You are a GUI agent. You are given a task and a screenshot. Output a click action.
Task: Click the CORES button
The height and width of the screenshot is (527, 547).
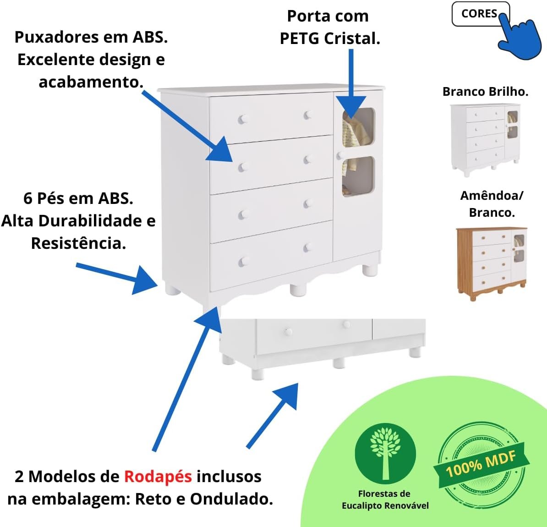(481, 14)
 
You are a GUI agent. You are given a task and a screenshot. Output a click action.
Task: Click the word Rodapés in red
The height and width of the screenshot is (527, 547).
(158, 477)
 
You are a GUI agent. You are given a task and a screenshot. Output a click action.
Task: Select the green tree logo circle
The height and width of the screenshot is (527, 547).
(385, 454)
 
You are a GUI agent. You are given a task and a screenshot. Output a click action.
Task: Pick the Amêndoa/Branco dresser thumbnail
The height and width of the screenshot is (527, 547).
(492, 263)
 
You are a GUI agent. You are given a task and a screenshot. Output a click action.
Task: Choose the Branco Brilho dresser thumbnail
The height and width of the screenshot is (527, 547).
(485, 140)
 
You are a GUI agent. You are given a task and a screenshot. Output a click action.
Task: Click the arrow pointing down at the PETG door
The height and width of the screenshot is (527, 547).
(351, 84)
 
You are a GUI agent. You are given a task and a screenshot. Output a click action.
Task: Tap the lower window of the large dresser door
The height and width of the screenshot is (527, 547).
(359, 176)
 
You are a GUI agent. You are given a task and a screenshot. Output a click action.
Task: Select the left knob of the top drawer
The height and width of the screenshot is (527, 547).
(243, 119)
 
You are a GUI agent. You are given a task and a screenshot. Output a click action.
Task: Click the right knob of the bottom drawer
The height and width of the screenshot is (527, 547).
(308, 248)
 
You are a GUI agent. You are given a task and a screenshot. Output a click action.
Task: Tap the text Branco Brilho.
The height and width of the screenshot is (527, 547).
(485, 92)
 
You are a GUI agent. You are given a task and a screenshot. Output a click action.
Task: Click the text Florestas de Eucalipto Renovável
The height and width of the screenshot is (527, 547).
(385, 500)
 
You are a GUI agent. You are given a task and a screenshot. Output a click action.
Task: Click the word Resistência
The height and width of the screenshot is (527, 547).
(78, 243)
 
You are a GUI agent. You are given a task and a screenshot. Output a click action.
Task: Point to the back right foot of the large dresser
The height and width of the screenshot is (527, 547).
(370, 269)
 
